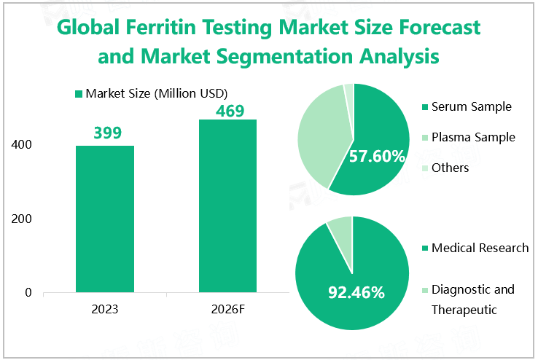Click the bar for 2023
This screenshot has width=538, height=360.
click(x=105, y=219)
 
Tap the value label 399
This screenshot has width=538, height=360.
click(x=106, y=133)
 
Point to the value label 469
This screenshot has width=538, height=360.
click(x=229, y=110)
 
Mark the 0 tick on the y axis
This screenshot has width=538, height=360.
click(x=28, y=293)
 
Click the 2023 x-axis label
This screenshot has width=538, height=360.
click(x=105, y=309)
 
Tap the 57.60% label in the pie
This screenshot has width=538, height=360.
click(x=377, y=156)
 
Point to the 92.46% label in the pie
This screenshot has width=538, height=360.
click(x=355, y=293)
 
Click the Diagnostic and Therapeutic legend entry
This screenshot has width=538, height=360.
click(x=472, y=299)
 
